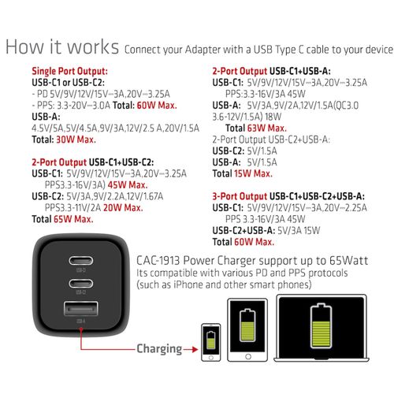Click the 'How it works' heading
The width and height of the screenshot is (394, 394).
tap(62, 47)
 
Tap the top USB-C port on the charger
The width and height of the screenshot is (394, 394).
tap(81, 261)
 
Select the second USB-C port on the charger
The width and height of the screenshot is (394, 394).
tap(81, 284)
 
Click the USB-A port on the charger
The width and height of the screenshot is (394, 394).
tap(81, 308)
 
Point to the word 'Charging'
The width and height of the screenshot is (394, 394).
tap(159, 349)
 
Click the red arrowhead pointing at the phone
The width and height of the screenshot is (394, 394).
tap(195, 349)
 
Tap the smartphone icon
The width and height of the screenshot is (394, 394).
tap(210, 343)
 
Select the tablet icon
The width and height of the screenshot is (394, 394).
tap(247, 330)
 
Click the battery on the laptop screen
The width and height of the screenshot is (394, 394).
tap(321, 325)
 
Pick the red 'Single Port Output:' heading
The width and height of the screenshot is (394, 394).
tap(69, 71)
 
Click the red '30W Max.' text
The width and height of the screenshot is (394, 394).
tap(76, 139)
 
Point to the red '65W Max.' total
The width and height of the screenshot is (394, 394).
tap(73, 219)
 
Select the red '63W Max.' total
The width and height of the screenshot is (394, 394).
tap(266, 128)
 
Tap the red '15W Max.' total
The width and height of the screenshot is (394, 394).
tap(253, 173)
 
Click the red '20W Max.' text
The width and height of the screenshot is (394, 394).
tap(123, 208)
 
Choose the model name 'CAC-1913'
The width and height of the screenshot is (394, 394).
tap(158, 261)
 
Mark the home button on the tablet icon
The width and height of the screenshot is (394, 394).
tap(248, 356)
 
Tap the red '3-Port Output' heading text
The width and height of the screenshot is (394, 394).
tap(240, 196)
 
